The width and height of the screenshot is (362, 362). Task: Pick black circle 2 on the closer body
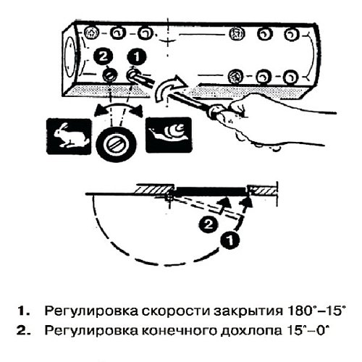[x=105, y=55]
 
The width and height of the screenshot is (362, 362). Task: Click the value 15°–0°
[x=304, y=332]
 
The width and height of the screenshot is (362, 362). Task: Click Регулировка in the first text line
[x=81, y=312]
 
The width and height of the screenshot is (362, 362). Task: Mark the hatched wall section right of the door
[x=264, y=190]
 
